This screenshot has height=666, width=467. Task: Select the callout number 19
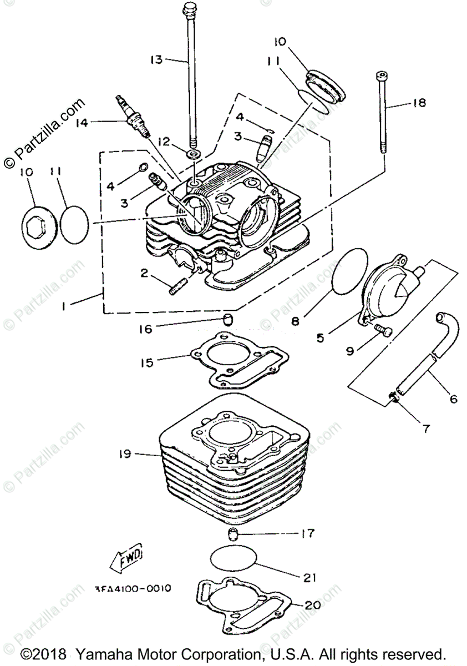coord(124,454)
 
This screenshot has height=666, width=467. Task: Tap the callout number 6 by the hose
coord(453,398)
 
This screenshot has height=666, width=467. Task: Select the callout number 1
coord(65,305)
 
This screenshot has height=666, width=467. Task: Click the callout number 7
coord(426,428)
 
